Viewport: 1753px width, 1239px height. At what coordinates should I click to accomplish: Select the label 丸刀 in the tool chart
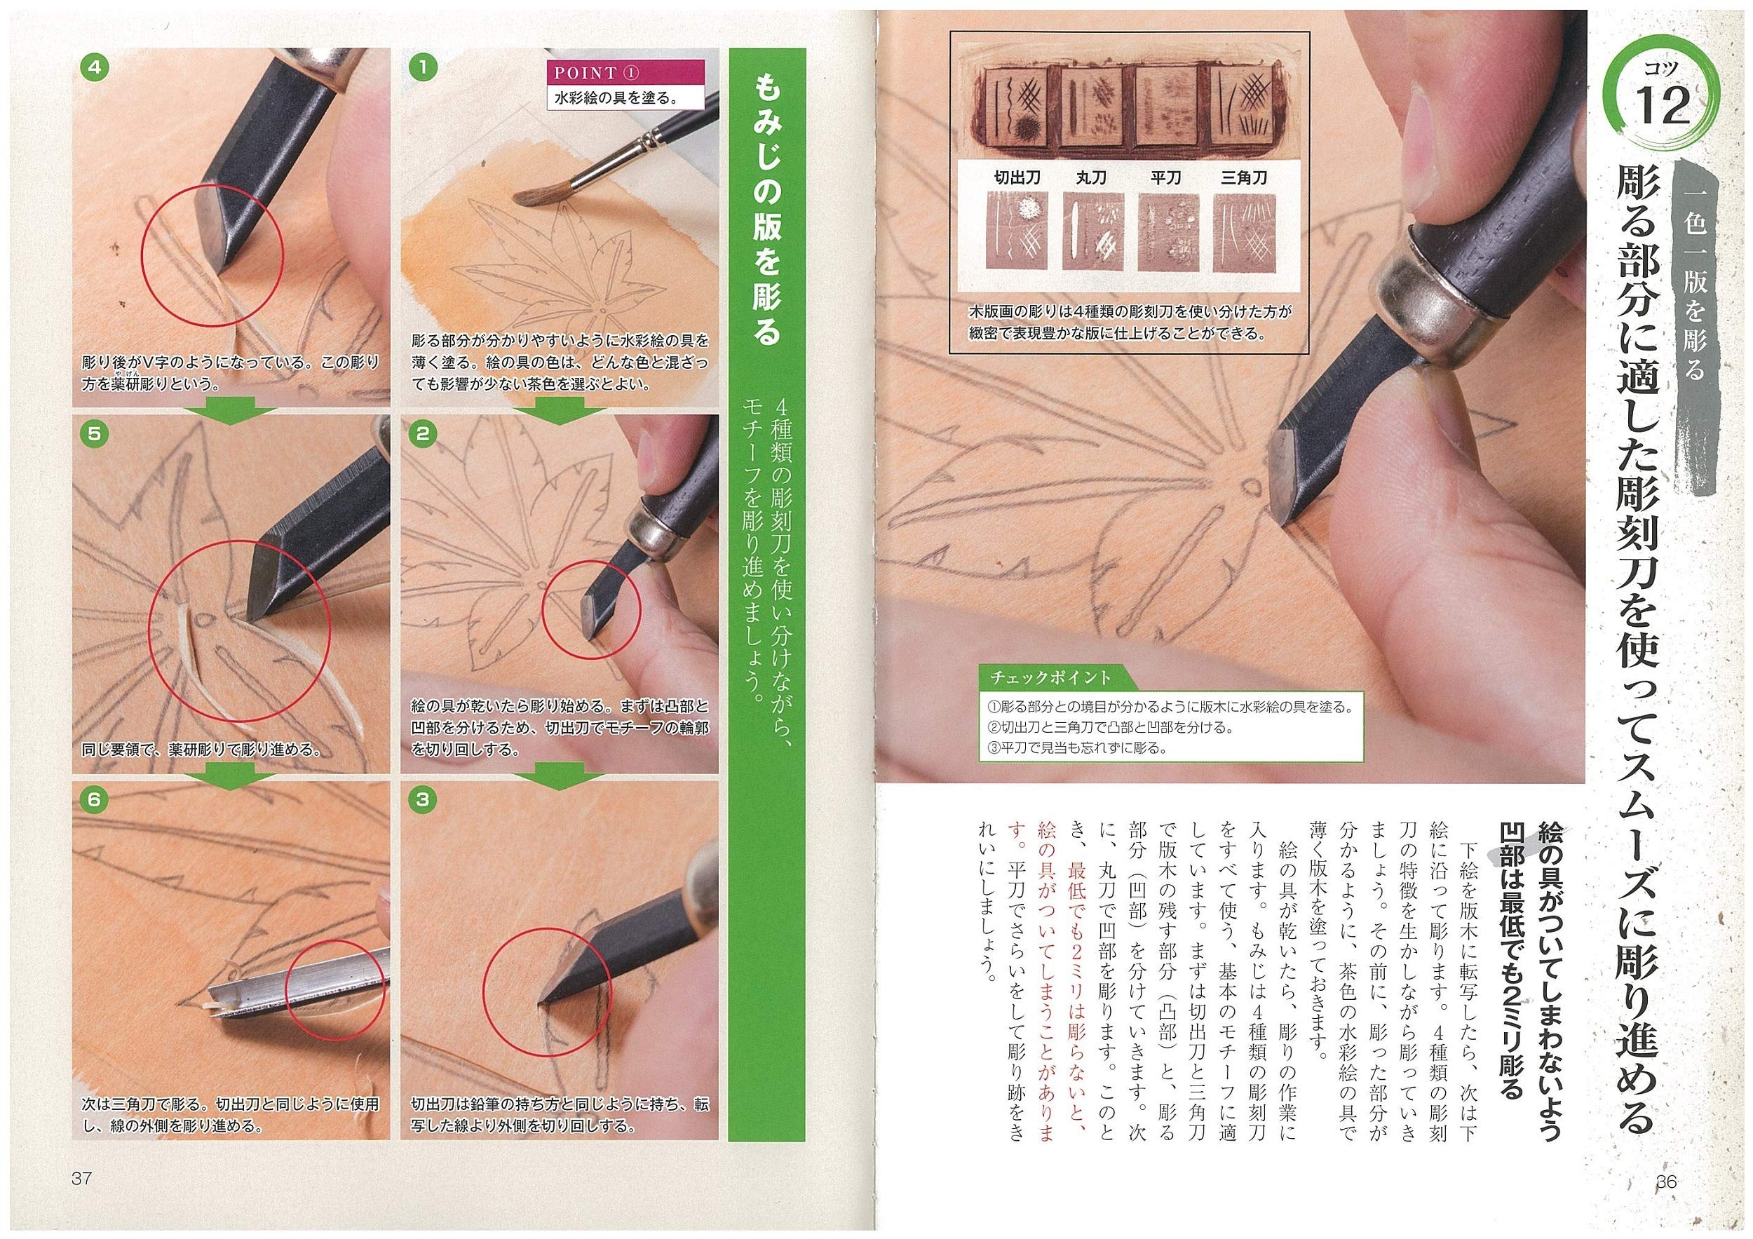tap(1092, 178)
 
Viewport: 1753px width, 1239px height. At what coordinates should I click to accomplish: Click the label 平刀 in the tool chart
tap(1166, 178)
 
